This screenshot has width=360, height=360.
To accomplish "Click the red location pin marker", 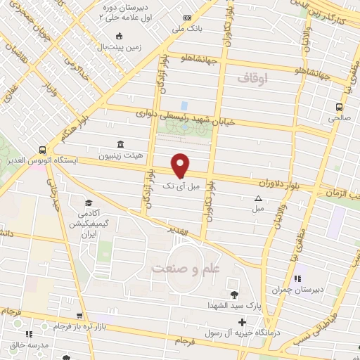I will tap(181, 165).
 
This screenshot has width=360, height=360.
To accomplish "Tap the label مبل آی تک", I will tap(181, 186).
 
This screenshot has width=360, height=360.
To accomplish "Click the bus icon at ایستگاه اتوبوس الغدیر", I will tap(43, 150).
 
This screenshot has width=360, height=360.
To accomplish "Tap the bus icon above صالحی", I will tap(340, 107).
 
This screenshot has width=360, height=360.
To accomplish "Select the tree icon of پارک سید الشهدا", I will tap(234, 295).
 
